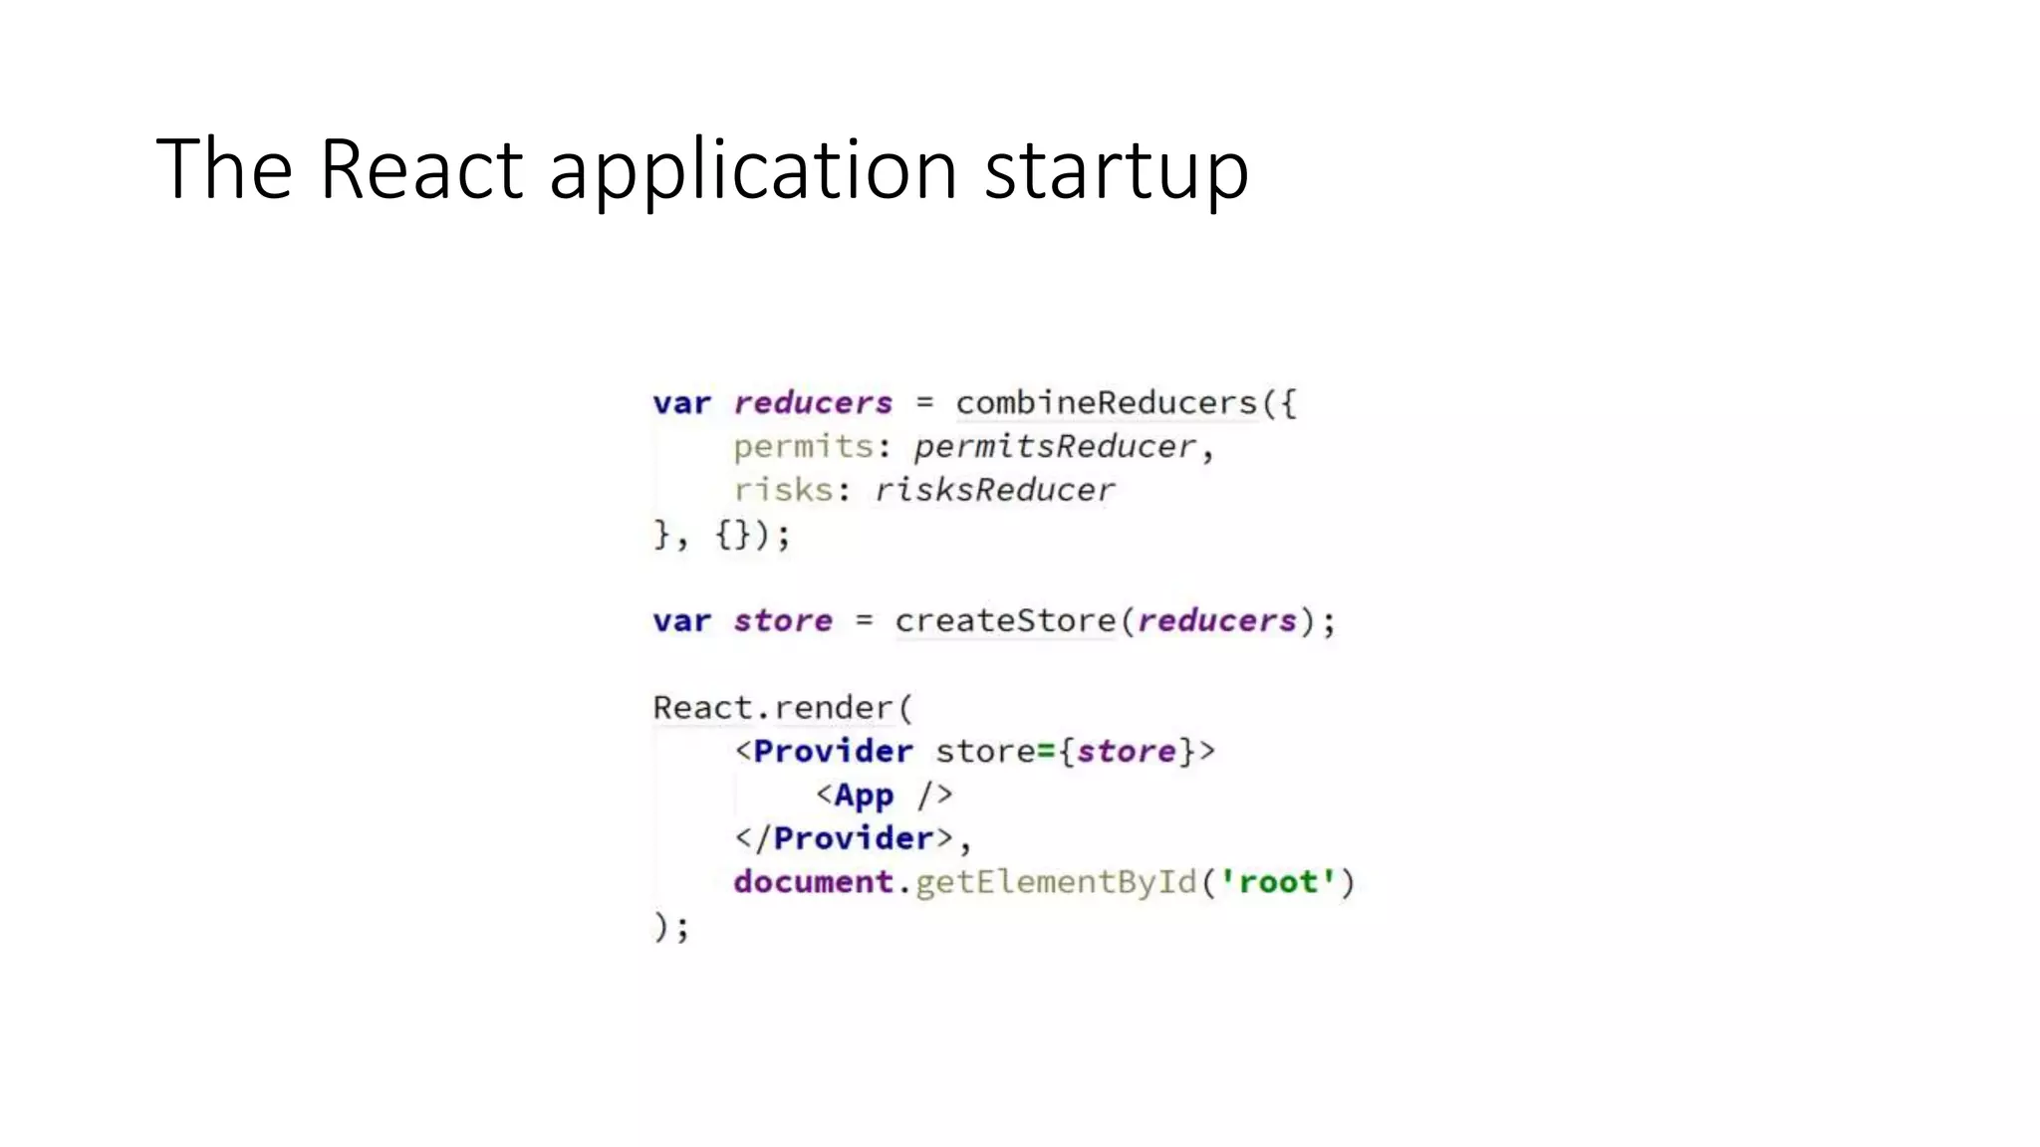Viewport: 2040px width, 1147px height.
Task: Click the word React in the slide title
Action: coord(420,169)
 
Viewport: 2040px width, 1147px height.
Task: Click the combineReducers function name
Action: coord(1107,403)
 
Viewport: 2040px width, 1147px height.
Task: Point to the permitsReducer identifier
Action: coord(1055,447)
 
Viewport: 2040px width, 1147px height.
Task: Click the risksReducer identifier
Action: coord(994,490)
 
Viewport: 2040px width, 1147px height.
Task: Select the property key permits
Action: coord(803,447)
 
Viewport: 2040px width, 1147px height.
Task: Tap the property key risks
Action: coord(783,490)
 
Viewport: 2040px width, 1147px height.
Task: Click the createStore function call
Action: coord(1005,621)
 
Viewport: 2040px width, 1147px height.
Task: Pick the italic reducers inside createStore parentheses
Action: coord(1216,621)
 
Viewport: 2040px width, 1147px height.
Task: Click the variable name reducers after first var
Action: coord(813,403)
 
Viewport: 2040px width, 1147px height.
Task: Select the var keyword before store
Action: coord(681,621)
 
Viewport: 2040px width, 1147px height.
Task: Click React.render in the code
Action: coord(773,708)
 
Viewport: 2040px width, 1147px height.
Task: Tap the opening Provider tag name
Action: coord(833,752)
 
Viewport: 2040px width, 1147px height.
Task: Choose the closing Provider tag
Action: coord(853,838)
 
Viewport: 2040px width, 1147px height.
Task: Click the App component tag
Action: coord(864,796)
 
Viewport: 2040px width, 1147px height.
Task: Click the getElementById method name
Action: coord(1055,882)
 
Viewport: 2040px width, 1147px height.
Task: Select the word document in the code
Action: coord(813,882)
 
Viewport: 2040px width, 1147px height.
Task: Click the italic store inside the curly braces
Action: coord(1126,752)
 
